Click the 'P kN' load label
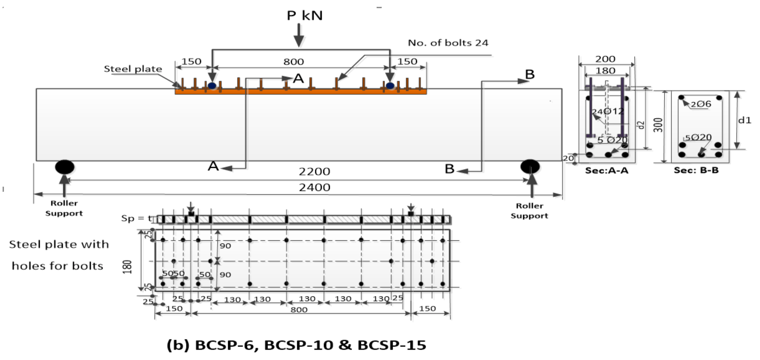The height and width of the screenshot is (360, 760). [304, 15]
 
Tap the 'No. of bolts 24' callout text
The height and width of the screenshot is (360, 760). [448, 43]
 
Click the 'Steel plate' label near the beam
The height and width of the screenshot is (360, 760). [133, 69]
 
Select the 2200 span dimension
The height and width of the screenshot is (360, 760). [314, 172]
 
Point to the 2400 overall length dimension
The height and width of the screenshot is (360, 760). [314, 188]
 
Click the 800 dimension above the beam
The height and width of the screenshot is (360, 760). [293, 62]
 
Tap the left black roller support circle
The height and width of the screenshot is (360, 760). [65, 167]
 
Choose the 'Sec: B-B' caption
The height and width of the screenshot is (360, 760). [696, 171]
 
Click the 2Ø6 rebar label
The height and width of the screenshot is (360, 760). [701, 104]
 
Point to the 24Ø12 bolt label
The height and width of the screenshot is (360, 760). [608, 111]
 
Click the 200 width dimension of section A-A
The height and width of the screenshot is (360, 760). [605, 59]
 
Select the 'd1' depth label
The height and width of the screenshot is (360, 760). [744, 120]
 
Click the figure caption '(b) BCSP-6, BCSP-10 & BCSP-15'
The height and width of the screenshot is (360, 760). [296, 345]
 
